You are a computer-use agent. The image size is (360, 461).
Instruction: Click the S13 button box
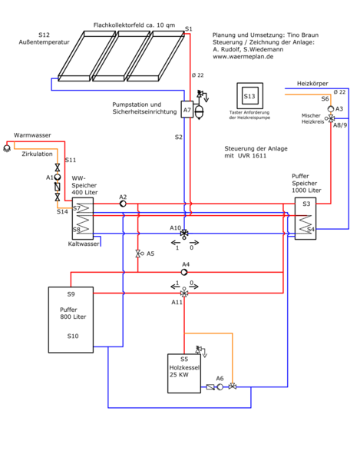[249, 96]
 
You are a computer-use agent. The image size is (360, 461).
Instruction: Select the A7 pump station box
[187, 111]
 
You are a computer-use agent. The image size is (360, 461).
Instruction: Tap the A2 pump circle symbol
[123, 205]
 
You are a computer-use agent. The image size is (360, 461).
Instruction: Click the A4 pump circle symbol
[184, 272]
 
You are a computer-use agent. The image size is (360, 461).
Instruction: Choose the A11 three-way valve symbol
[184, 293]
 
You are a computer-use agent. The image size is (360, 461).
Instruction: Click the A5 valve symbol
[138, 254]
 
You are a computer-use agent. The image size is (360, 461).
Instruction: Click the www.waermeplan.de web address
[243, 56]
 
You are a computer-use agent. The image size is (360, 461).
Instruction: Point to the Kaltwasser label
[84, 244]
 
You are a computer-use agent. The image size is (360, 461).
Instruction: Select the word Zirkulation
[37, 153]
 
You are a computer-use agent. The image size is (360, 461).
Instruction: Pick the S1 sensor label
[189, 28]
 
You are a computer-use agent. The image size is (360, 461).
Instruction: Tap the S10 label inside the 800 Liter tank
[72, 336]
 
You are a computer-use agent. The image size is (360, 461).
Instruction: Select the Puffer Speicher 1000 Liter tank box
[306, 218]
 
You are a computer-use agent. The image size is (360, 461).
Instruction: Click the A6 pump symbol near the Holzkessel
[220, 386]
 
